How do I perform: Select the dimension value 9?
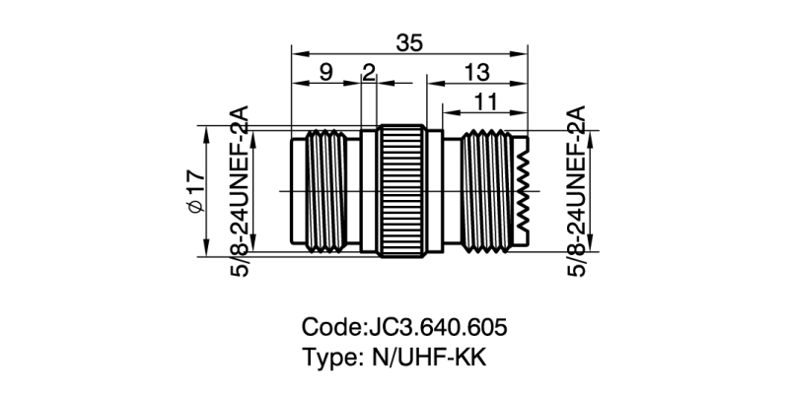pos(324,72)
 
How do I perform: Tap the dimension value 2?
pos(369,72)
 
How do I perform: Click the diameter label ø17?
pos(194,191)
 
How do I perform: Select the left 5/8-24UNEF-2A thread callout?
pos(241,191)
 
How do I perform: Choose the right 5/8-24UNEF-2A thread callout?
pos(576,191)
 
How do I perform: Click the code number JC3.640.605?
pos(436,326)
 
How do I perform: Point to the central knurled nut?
pos(402,191)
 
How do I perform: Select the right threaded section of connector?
pos(483,191)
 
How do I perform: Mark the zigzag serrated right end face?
pos(523,191)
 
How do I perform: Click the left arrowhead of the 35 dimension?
pos(296,55)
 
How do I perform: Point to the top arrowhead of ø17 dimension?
pos(205,131)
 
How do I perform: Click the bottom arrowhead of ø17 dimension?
pos(205,251)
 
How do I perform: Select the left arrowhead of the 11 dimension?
pos(447,111)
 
